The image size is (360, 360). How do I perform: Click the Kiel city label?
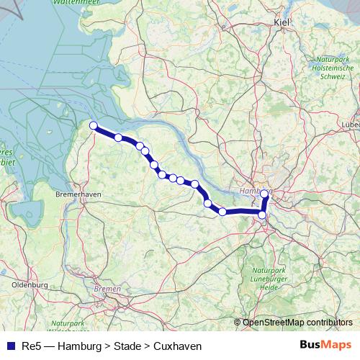point(282,23)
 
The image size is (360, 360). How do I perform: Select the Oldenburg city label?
point(30,285)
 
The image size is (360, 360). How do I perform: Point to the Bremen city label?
point(107,288)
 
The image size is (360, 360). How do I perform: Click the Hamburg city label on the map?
point(252,192)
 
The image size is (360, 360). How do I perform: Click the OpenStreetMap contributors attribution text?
point(297,322)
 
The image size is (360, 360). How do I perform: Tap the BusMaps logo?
point(325,345)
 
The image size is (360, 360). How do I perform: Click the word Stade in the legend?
point(127,346)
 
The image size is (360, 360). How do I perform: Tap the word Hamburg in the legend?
point(80,346)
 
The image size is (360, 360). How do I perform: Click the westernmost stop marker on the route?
point(93,126)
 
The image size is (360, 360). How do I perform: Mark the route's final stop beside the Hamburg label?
point(265,194)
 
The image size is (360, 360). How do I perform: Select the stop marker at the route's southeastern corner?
point(262,215)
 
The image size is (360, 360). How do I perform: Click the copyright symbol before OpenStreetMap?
point(238,322)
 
